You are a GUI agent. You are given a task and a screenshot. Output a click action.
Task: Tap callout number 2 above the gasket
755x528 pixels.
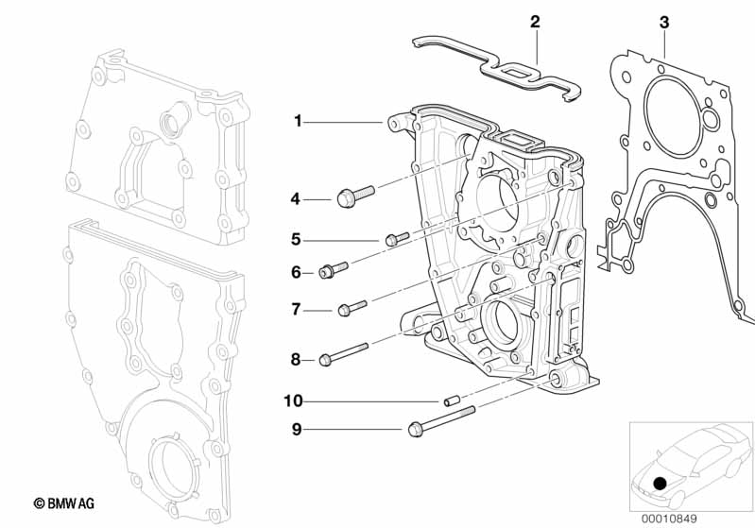click(535, 21)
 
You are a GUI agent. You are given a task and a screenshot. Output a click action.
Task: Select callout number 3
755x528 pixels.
click(664, 21)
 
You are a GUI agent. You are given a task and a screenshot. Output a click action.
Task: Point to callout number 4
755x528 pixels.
click(296, 199)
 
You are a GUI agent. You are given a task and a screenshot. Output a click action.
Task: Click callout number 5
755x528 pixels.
click(296, 239)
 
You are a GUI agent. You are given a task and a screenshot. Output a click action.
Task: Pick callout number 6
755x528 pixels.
click(296, 272)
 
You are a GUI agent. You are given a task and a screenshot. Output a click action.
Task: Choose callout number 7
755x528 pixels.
click(296, 309)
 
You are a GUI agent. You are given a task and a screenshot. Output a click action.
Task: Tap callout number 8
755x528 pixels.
click(296, 359)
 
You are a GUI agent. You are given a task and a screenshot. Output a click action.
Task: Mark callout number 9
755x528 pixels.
click(296, 430)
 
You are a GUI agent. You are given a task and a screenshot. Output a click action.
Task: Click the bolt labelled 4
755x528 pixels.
click(355, 196)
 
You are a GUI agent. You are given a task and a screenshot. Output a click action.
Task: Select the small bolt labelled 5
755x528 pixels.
click(397, 237)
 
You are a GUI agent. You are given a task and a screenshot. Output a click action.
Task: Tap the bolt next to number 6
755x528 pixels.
click(334, 270)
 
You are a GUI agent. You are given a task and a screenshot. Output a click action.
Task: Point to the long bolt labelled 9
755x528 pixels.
click(440, 421)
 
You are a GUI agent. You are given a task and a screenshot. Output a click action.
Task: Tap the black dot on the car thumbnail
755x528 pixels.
click(660, 484)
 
